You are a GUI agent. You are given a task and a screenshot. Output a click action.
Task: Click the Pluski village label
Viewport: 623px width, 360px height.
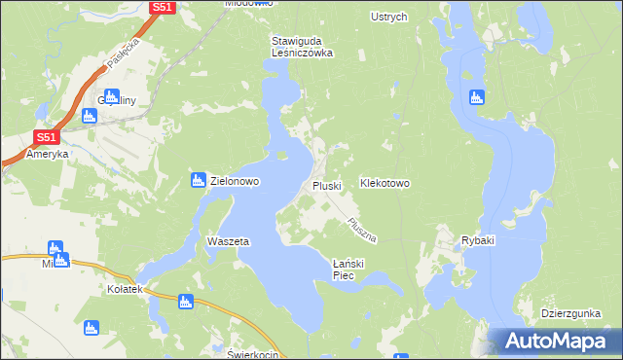point(327,185)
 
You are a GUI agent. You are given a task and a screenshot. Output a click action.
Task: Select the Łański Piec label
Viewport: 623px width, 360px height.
point(348,270)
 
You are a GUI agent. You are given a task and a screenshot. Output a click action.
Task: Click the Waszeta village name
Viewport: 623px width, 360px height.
point(229,241)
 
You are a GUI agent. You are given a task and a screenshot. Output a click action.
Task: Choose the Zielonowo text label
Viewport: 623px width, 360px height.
point(235,181)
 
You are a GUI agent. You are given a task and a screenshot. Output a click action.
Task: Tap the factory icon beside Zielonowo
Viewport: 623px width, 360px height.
point(198,180)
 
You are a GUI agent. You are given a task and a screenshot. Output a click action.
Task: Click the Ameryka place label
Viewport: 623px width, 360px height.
point(48,155)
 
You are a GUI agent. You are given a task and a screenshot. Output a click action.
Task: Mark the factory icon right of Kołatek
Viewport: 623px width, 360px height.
point(185,302)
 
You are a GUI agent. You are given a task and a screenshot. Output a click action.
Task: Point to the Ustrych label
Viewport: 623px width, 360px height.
point(389,17)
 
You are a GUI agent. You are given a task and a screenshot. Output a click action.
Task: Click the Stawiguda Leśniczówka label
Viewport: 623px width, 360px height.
point(302,47)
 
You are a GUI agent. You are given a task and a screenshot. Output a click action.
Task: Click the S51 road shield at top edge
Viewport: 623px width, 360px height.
point(163,7)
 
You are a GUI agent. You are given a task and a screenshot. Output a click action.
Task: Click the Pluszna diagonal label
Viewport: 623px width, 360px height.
point(361,231)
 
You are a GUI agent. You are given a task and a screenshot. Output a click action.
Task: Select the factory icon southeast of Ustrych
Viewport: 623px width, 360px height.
point(476,97)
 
